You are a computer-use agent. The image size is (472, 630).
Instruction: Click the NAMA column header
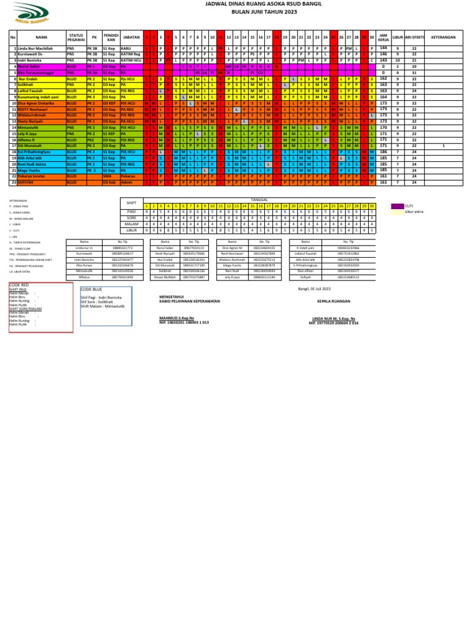click(41, 36)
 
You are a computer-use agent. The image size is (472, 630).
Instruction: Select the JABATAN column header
click(131, 36)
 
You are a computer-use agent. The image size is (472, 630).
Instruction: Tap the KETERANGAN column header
click(443, 36)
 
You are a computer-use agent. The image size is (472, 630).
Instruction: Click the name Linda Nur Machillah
click(36, 48)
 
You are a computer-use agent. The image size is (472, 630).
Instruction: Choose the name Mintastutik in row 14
click(31, 127)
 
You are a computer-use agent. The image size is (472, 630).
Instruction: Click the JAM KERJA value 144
click(383, 48)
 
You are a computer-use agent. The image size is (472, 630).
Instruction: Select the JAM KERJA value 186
click(383, 151)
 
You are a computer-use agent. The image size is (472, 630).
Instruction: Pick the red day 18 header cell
click(277, 36)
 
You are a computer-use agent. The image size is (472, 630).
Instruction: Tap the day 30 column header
click(372, 36)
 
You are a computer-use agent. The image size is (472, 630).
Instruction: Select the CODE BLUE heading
click(91, 289)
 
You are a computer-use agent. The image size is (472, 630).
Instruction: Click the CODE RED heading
click(18, 285)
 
